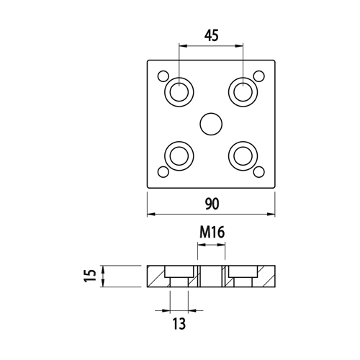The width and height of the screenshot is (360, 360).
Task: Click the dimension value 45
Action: pyautogui.click(x=212, y=36)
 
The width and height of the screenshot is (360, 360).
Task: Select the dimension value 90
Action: pyautogui.click(x=212, y=204)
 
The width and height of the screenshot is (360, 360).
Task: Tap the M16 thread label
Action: pyautogui.click(x=212, y=233)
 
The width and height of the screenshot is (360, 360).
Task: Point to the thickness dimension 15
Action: pyautogui.click(x=90, y=276)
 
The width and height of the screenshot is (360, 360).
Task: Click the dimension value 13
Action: pyautogui.click(x=179, y=324)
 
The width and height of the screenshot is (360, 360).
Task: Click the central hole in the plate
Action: pyautogui.click(x=211, y=124)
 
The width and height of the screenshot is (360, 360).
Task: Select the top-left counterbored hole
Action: pyautogui.click(x=179, y=92)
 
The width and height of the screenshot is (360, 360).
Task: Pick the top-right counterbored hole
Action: pyautogui.click(x=243, y=92)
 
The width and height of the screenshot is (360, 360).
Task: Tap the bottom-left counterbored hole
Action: pyautogui.click(x=179, y=156)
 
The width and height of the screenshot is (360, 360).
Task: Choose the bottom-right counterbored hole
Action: pyautogui.click(x=243, y=156)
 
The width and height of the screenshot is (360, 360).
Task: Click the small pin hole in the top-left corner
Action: pyautogui.click(x=163, y=76)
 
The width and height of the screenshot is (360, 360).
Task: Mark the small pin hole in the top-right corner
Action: pyautogui.click(x=259, y=76)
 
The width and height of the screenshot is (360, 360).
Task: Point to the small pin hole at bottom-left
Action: pyautogui.click(x=163, y=172)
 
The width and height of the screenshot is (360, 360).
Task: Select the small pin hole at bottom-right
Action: pyautogui.click(x=259, y=172)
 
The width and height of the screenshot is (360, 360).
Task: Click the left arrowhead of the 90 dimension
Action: pyautogui.click(x=150, y=214)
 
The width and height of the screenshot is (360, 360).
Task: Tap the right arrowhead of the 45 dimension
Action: pyautogui.click(x=240, y=45)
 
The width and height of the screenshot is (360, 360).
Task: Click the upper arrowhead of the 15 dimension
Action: pyautogui.click(x=103, y=269)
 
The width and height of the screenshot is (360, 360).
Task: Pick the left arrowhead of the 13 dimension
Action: pyautogui.click(x=166, y=311)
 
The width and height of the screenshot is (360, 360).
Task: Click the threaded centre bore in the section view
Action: pyautogui.click(x=211, y=276)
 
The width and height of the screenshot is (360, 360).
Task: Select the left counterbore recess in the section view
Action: pyautogui.click(x=179, y=271)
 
